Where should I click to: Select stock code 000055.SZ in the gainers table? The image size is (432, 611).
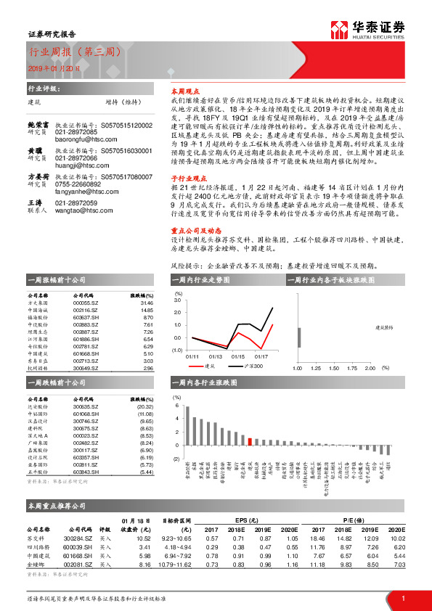(x=85, y=303)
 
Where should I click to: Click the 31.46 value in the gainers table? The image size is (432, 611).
(x=144, y=303)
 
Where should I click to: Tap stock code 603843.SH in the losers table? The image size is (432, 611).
(x=85, y=472)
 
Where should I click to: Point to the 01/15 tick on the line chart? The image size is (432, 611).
(x=237, y=356)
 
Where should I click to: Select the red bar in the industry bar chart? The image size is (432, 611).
(x=250, y=440)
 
